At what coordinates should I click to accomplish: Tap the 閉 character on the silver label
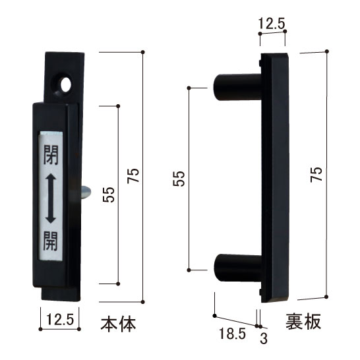click(x=50, y=156)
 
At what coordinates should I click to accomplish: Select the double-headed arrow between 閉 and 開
click(x=50, y=198)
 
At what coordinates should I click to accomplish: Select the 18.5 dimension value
click(x=233, y=334)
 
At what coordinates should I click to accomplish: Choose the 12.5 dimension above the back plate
click(x=272, y=24)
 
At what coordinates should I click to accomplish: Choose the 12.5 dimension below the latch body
click(x=60, y=322)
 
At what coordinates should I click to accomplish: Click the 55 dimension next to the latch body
click(x=109, y=195)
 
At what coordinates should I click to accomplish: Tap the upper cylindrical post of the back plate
click(x=236, y=87)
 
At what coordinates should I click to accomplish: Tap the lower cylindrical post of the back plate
click(x=236, y=270)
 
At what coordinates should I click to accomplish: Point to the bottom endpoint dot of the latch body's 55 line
click(x=119, y=284)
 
